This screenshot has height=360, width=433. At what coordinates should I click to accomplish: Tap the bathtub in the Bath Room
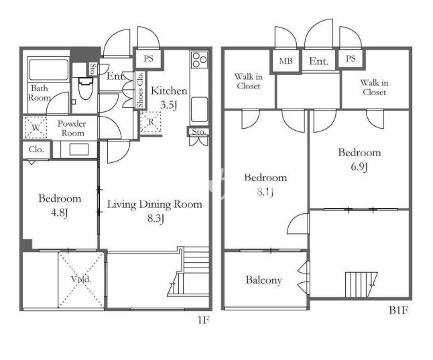click(x=48, y=69)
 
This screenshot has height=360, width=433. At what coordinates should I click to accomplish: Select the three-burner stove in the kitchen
click(x=199, y=60)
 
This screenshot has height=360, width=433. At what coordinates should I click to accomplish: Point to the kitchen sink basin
click(x=199, y=109)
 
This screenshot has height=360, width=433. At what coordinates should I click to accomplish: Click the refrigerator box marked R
click(x=151, y=122)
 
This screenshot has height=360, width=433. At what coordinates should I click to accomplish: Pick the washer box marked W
click(x=36, y=127)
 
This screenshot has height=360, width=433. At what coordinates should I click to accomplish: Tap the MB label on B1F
click(x=286, y=61)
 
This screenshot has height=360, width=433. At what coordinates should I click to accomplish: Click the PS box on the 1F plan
click(x=148, y=59)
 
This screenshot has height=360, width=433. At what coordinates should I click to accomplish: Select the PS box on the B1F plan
click(x=351, y=58)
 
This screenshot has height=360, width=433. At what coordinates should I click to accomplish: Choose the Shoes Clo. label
click(x=140, y=90)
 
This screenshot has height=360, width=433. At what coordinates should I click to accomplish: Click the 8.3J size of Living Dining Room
click(x=156, y=219)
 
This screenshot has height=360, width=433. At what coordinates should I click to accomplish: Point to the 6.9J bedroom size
click(x=359, y=167)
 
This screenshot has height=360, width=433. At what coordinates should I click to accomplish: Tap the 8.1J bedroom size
click(x=265, y=192)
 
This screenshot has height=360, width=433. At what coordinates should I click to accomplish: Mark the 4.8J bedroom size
click(x=60, y=213)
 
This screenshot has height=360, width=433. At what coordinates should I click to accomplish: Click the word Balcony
click(x=263, y=280)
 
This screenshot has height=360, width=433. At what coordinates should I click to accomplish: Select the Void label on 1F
click(x=81, y=279)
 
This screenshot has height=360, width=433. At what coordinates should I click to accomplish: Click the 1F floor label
click(x=203, y=320)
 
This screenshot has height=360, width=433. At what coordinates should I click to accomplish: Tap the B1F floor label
click(x=398, y=310)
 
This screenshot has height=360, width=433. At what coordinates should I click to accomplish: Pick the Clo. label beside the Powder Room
click(x=36, y=149)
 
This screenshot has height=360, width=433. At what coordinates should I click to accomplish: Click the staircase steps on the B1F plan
click(x=361, y=284)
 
